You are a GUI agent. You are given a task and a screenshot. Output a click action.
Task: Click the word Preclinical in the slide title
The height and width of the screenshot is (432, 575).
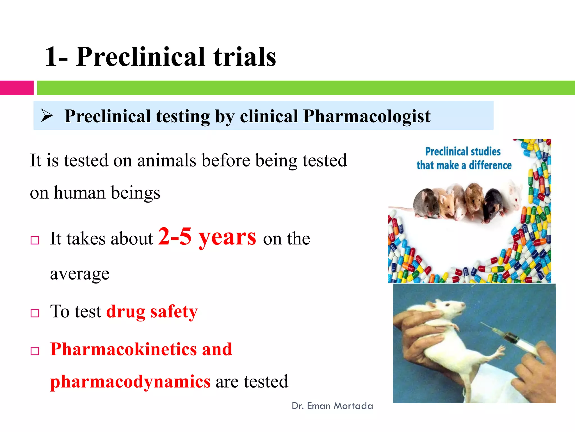(140, 57)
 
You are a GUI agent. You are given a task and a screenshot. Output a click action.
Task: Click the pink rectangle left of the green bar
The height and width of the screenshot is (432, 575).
(17, 88)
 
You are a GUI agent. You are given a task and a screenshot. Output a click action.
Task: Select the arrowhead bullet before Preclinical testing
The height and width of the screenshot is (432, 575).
(47, 116)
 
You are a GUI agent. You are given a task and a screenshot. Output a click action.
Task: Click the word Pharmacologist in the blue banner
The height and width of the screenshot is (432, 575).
(367, 116)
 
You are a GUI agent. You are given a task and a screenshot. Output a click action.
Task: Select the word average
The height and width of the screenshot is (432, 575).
(80, 274)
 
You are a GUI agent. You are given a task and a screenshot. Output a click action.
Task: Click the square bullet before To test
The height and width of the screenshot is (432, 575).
(35, 313)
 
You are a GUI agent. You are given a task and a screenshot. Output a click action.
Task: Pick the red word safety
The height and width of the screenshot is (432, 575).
(174, 312)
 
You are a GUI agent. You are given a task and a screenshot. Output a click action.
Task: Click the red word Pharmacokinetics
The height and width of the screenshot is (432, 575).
(124, 349)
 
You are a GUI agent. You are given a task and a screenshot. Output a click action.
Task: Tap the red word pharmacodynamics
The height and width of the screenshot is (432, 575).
(130, 381)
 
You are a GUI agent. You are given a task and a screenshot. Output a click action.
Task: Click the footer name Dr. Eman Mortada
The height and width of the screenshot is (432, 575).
(332, 406)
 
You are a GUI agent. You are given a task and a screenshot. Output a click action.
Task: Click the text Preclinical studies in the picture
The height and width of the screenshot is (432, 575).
(463, 152)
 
